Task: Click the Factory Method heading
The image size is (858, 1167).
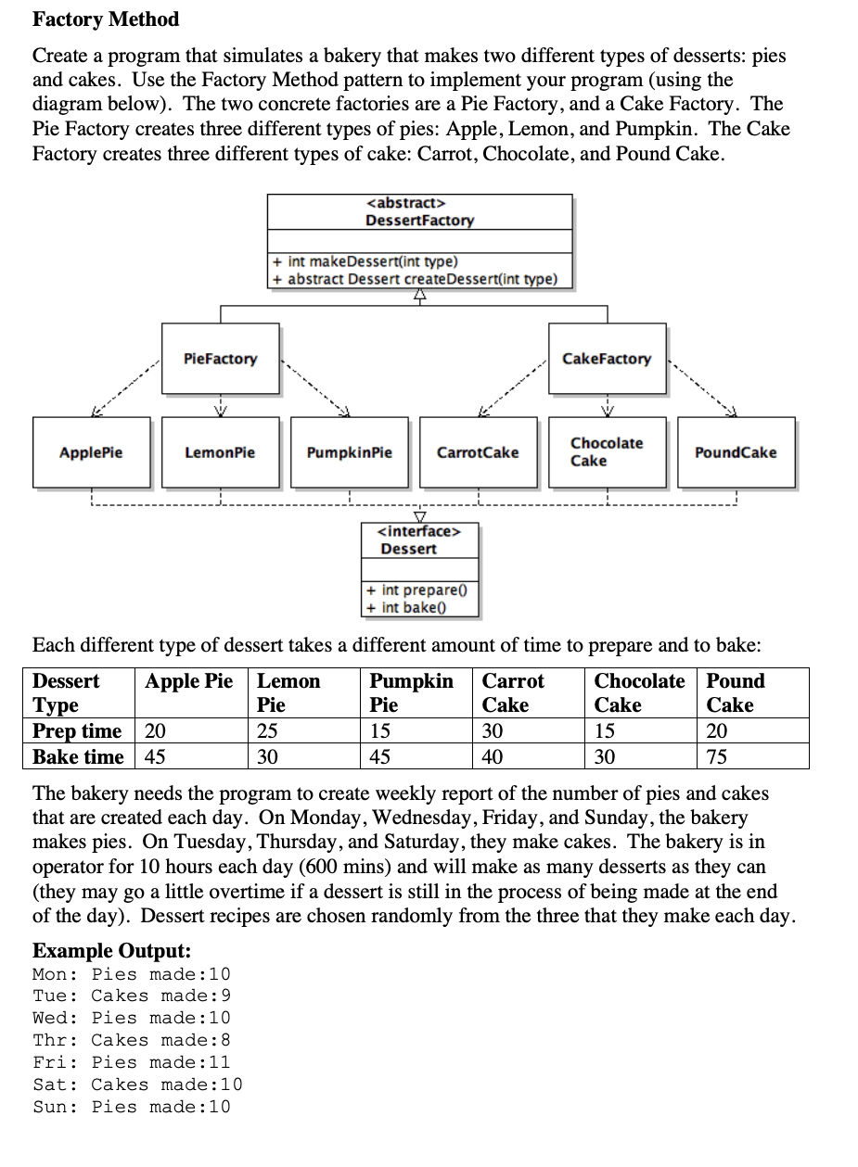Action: (x=106, y=19)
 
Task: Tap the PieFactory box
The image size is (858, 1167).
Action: (x=220, y=359)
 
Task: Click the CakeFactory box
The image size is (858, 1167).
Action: (x=607, y=359)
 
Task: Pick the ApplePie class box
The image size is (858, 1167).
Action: (x=91, y=452)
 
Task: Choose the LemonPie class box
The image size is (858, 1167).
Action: (x=220, y=452)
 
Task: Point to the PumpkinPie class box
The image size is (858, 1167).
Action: (x=349, y=452)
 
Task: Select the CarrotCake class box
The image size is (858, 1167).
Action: (x=478, y=452)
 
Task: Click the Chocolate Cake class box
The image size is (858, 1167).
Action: (x=607, y=452)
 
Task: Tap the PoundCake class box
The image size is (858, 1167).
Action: (x=736, y=452)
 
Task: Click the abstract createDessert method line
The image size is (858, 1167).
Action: (x=416, y=278)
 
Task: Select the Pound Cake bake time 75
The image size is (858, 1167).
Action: (x=717, y=757)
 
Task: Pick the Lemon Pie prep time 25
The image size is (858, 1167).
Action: (x=267, y=731)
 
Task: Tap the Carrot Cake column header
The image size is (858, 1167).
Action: (x=513, y=692)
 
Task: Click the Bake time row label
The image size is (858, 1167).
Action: (x=78, y=757)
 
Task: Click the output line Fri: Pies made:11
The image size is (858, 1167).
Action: (x=131, y=1062)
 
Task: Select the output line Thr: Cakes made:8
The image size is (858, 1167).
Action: (x=131, y=1040)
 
